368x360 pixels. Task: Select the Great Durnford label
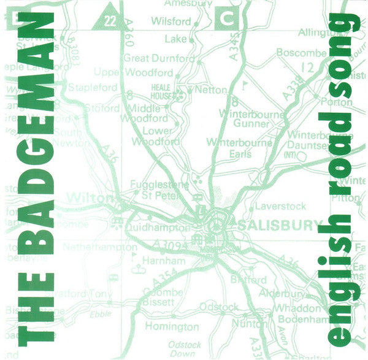point(159,59)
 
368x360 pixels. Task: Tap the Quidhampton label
point(158,227)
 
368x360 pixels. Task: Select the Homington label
point(171,327)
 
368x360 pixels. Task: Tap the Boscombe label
point(301,53)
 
